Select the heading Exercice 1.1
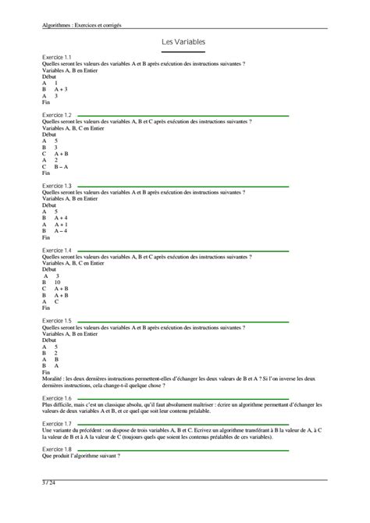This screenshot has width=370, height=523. click(x=57, y=58)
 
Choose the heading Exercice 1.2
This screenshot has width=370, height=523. click(x=57, y=115)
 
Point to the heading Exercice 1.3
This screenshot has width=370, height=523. click(x=57, y=186)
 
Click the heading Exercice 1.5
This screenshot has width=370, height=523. click(x=57, y=321)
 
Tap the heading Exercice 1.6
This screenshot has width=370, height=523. click(x=57, y=398)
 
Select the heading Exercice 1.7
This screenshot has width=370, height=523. click(x=57, y=423)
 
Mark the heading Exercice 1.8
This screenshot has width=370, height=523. click(x=57, y=450)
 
